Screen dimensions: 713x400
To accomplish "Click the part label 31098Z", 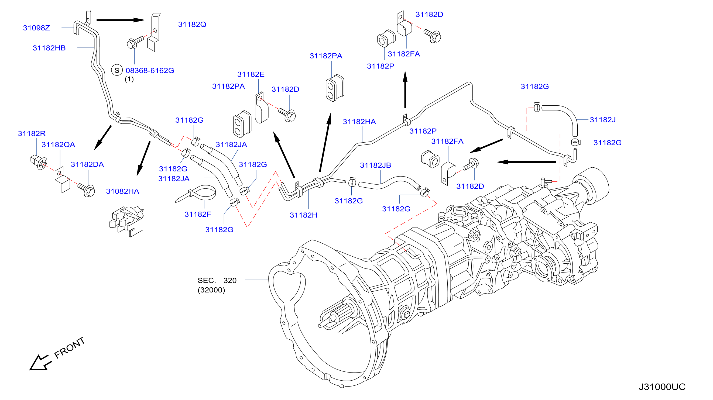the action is pos(36,28).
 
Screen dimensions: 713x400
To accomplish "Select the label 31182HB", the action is pos(49,48).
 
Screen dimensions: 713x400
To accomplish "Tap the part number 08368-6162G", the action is pos(150,71).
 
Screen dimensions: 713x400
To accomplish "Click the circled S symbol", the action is pos(117,70).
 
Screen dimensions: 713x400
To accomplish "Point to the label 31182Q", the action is pos(192,25).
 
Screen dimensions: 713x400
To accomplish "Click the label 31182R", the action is pos(32,134).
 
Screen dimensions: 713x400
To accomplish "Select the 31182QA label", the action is pos(59,145).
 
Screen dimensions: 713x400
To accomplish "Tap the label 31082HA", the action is pos(123,191).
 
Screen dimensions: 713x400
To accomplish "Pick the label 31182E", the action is pos(251,74).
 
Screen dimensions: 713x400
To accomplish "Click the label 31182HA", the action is pos(359,122).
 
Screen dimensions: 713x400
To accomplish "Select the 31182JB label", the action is pos(375,165).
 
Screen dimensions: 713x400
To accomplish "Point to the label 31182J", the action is pos(602,120).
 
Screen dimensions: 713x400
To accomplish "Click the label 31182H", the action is pos(303,215).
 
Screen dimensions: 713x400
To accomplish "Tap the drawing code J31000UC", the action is pos(662,387).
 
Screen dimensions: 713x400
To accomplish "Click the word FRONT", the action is pos(69,347).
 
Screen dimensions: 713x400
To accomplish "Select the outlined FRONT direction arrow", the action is pos(40,363).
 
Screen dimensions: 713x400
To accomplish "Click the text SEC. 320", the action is pos(217,281).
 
